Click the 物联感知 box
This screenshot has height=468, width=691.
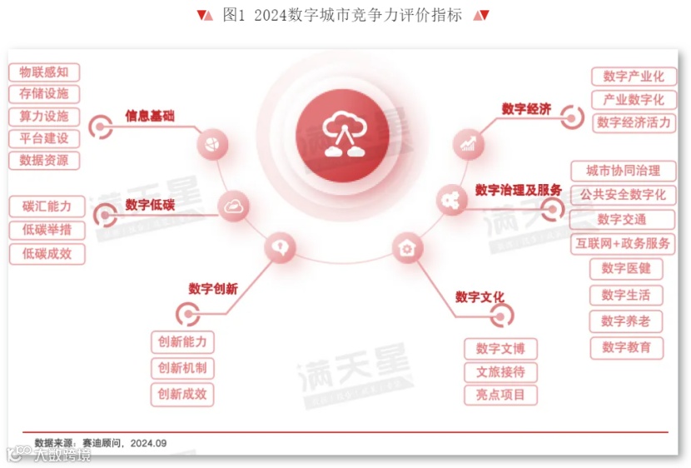click(44, 72)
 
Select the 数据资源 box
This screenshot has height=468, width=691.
click(44, 160)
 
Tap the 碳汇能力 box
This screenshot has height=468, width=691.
click(47, 206)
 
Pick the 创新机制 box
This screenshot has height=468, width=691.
click(181, 368)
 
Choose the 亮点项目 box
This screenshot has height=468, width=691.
click(500, 395)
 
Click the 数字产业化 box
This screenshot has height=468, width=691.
click(634, 76)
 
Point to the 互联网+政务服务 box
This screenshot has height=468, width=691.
click(623, 244)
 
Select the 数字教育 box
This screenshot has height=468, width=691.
click(626, 347)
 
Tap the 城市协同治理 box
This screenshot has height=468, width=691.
click(623, 171)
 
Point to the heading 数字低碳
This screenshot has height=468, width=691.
click(150, 205)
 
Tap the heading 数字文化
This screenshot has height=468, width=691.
click(480, 297)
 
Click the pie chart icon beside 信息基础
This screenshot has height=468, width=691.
click(212, 145)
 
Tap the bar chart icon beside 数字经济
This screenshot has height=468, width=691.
click(469, 144)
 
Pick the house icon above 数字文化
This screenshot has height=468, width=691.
click(407, 247)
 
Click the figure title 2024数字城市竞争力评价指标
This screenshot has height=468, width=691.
click(342, 15)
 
